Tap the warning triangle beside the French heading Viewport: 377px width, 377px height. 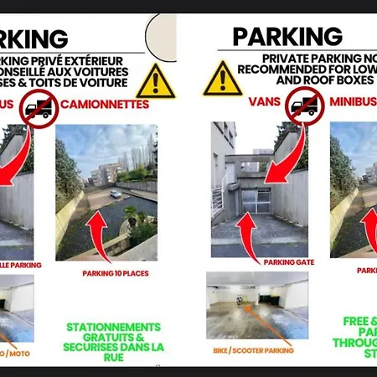[x=156, y=80]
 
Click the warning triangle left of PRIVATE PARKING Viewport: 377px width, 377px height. [x=223, y=79]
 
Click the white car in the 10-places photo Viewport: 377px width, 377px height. [x=115, y=194]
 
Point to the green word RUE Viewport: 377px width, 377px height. [x=116, y=357]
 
